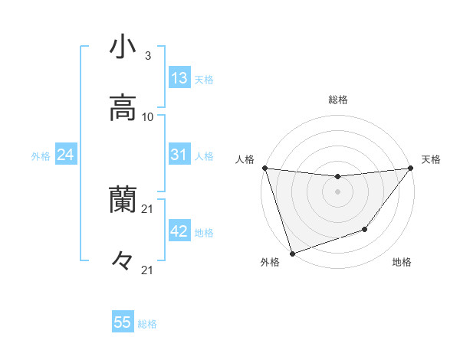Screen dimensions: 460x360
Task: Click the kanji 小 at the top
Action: click(123, 47)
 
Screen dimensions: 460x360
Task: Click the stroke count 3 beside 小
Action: click(148, 56)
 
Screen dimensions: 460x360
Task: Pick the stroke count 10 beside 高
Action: click(148, 117)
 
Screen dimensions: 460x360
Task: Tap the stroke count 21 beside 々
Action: click(148, 270)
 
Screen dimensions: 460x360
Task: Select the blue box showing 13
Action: click(179, 78)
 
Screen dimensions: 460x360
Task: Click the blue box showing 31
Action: click(179, 155)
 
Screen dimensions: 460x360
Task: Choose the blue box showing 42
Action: click(179, 231)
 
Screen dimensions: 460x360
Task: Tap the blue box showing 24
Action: click(66, 155)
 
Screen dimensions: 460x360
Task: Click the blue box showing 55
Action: click(123, 322)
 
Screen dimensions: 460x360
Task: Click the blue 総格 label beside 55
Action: click(147, 324)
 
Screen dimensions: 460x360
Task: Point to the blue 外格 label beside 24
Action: click(41, 156)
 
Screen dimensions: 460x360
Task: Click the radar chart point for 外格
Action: click(291, 253)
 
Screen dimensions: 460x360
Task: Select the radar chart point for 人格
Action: click(264, 168)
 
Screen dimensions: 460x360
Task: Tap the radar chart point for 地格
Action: click(366, 229)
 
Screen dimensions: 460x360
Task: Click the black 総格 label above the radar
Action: click(338, 100)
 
